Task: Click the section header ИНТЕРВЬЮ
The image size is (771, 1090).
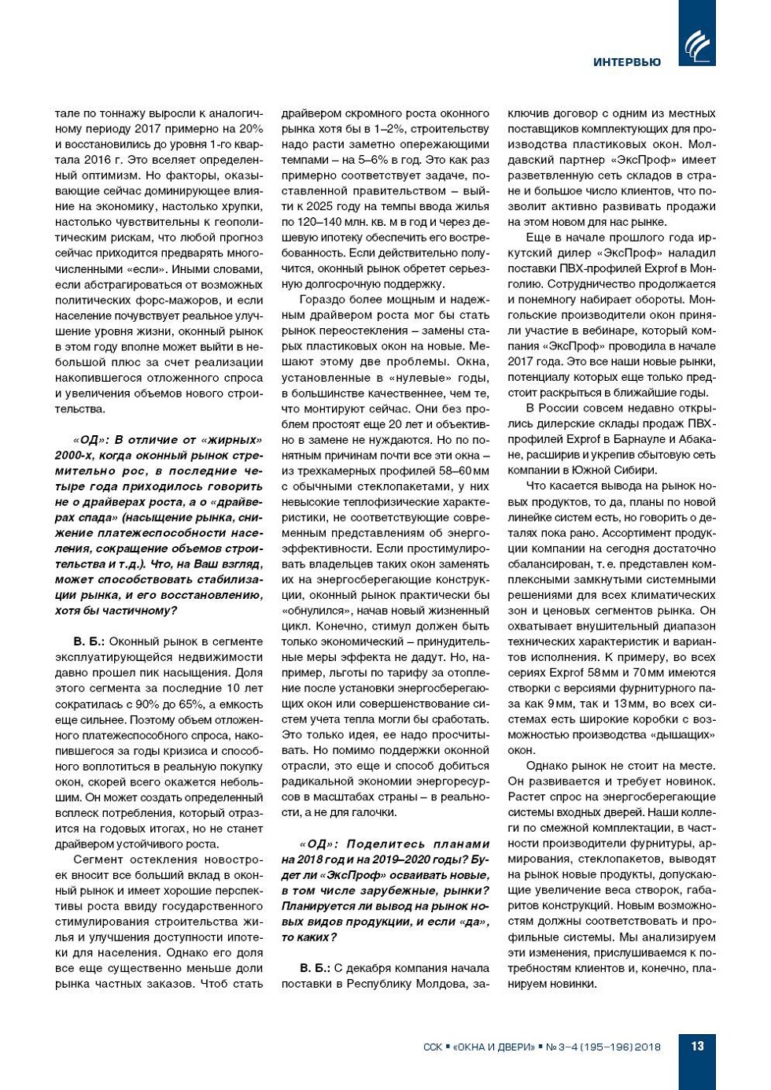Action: (x=627, y=62)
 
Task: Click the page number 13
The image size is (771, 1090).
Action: (x=697, y=1046)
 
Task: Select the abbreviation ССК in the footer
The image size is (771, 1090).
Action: (x=433, y=1047)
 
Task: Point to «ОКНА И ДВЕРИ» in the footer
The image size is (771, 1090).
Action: (x=494, y=1047)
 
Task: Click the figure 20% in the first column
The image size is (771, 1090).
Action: (x=251, y=129)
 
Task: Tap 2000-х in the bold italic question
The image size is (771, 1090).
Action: (x=76, y=456)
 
